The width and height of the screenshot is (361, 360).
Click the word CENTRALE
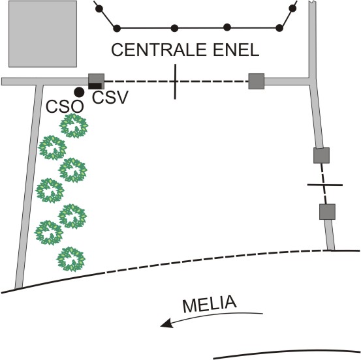[x=159, y=50]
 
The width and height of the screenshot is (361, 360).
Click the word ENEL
[x=236, y=50]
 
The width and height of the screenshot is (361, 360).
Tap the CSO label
[x=65, y=107]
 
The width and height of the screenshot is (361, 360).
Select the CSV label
[x=110, y=97]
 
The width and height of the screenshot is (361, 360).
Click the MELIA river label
[x=210, y=304]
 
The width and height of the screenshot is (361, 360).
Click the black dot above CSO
[x=79, y=92]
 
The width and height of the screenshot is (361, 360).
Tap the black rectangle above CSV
[x=95, y=86]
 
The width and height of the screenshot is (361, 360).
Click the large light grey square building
[x=42, y=34]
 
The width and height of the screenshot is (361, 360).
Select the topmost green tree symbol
[x=74, y=126]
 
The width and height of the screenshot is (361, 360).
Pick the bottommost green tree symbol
[x=71, y=259]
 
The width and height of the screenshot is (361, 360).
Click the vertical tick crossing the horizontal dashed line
[x=175, y=82]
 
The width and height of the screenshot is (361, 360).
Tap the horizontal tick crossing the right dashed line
[x=325, y=185]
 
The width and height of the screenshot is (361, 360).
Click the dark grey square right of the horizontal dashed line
[x=257, y=82]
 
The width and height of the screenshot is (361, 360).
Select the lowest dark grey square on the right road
[x=327, y=211]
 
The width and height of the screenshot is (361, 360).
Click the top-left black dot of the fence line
[x=99, y=8]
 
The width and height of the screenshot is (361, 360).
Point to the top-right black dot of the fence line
[x=292, y=8]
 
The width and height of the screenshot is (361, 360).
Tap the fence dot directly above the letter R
[x=174, y=28]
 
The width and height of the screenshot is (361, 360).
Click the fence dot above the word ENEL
[x=227, y=27]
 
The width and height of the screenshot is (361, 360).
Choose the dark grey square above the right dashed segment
[x=321, y=155]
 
